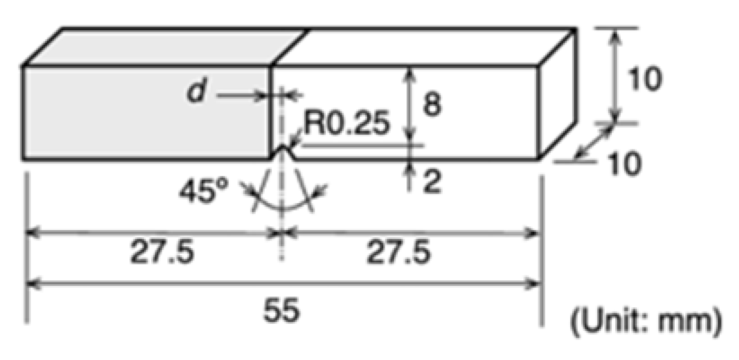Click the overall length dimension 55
pyautogui.click(x=281, y=310)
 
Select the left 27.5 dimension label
pyautogui.click(x=162, y=252)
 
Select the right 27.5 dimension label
pyautogui.click(x=399, y=252)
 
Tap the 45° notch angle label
pyautogui.click(x=203, y=191)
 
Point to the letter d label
pyautogui.click(x=196, y=93)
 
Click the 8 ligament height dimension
pyautogui.click(x=432, y=104)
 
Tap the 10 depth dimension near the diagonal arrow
pyautogui.click(x=625, y=163)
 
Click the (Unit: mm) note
pyautogui.click(x=646, y=322)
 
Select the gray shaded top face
pyautogui.click(x=166, y=47)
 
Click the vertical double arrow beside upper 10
pyautogui.click(x=615, y=76)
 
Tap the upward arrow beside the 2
pyautogui.click(x=410, y=175)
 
